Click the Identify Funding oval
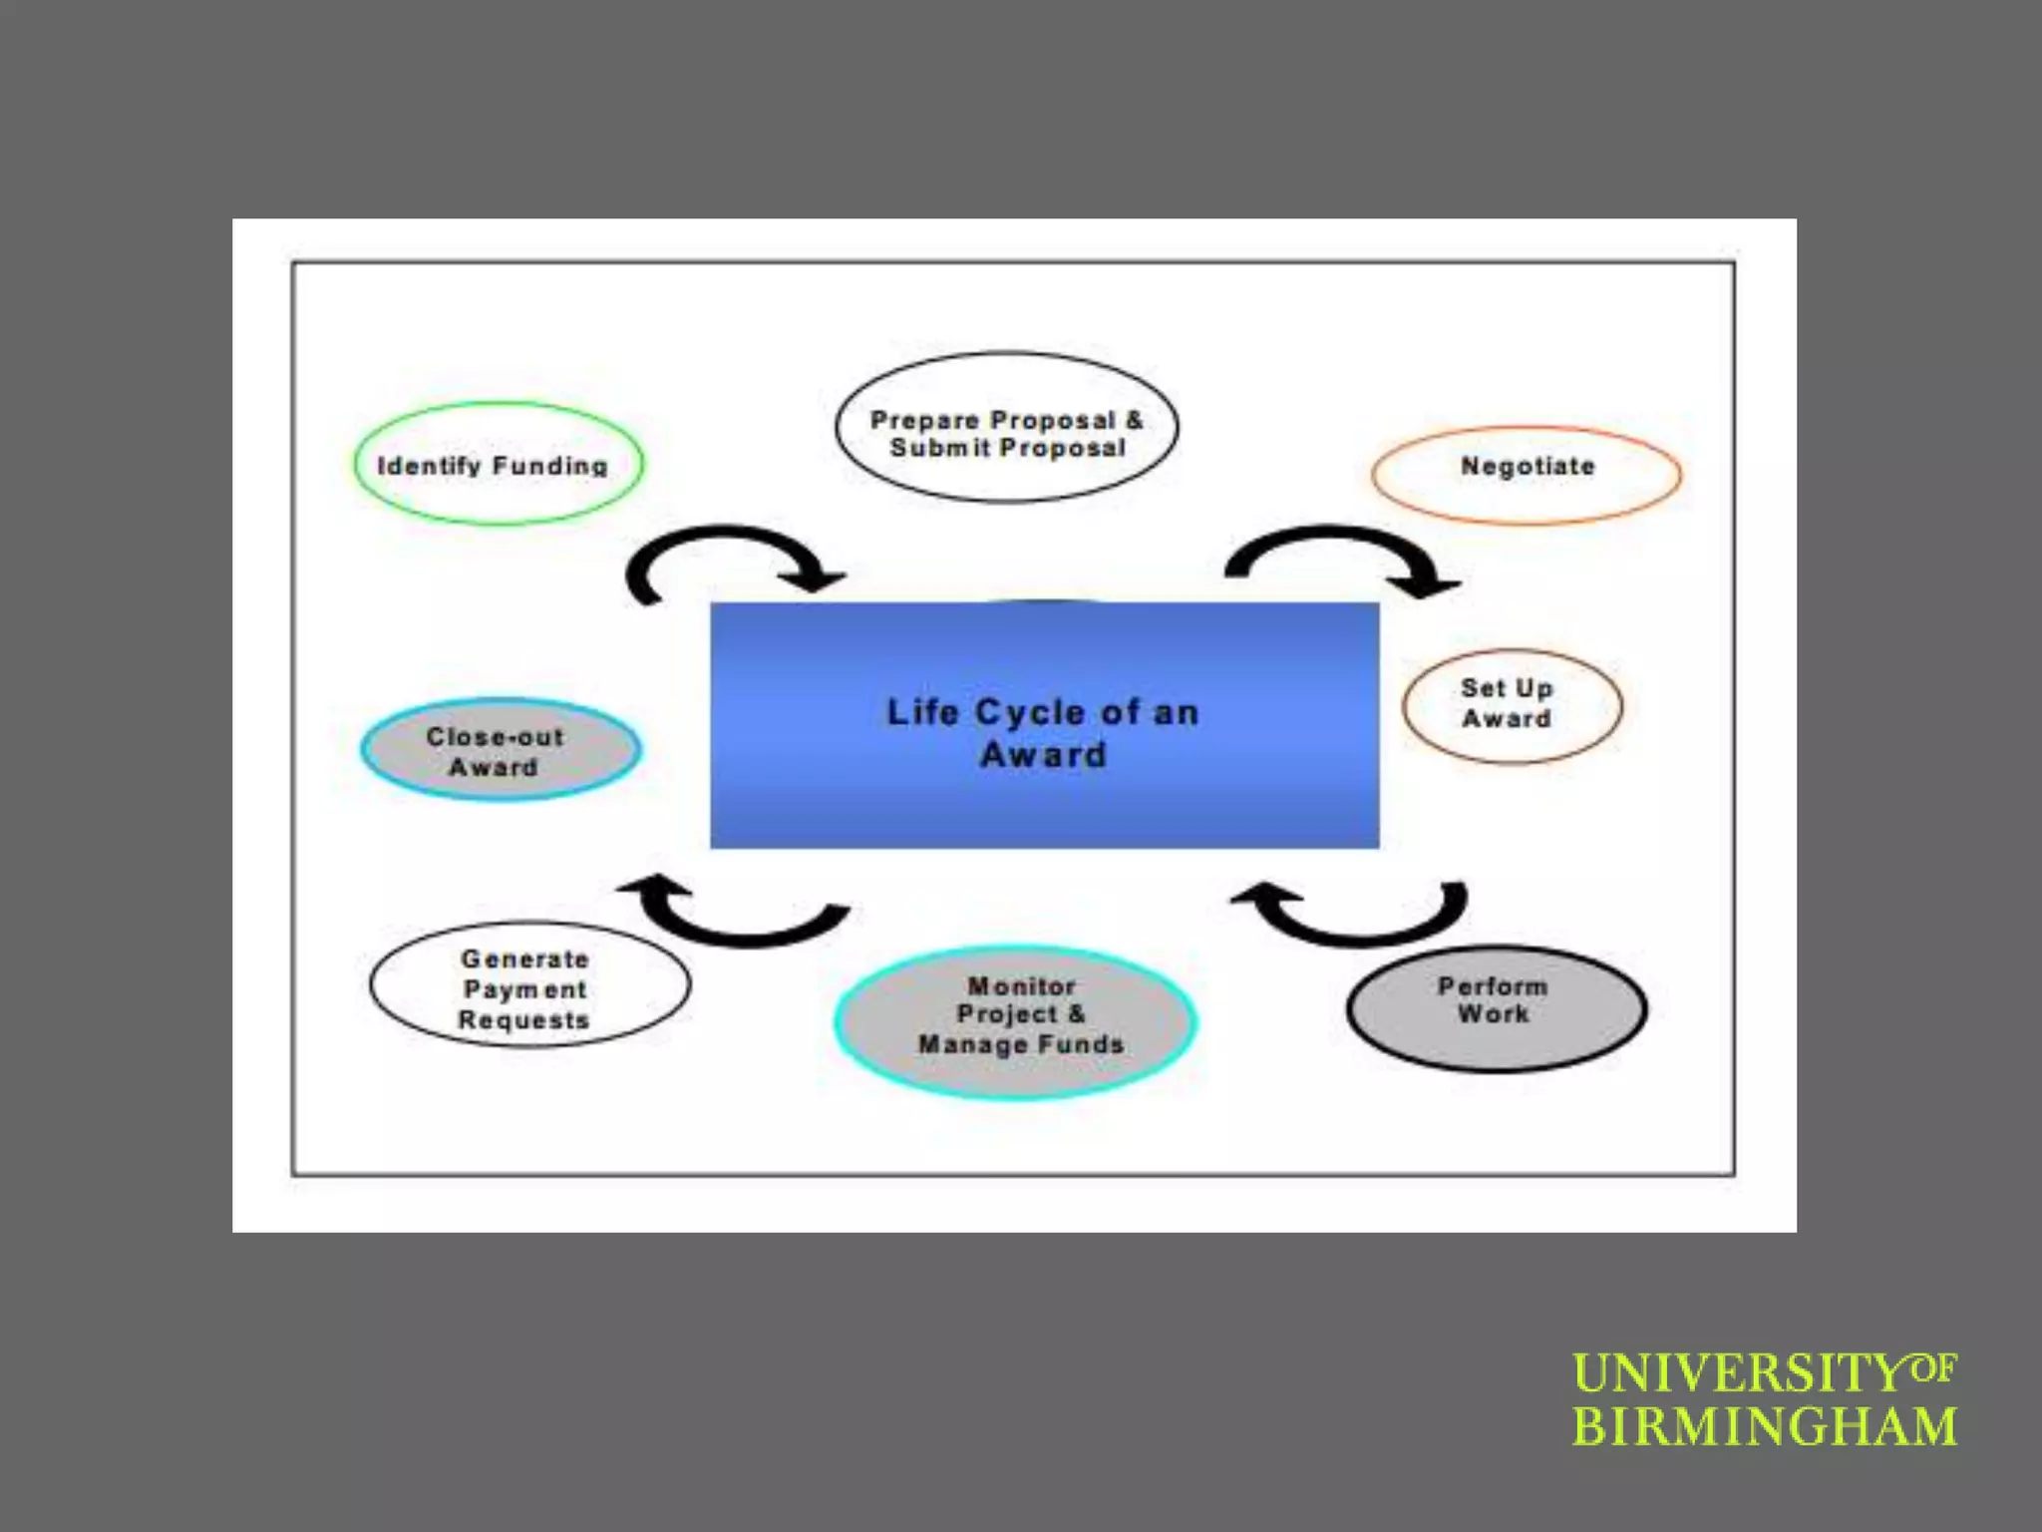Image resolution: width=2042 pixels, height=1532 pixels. [x=498, y=465]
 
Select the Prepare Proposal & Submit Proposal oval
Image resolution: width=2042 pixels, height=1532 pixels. [x=1006, y=428]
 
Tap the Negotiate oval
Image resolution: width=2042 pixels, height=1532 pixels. [x=1527, y=475]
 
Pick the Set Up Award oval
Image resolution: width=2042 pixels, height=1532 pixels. [x=1512, y=706]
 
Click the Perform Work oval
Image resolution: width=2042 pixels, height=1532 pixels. [x=1496, y=1008]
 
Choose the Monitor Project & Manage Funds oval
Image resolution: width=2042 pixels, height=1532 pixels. [x=1016, y=1021]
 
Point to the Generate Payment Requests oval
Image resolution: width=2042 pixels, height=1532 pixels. [x=529, y=984]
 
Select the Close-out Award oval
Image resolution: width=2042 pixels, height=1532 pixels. [x=501, y=750]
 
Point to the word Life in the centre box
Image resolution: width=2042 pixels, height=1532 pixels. [x=922, y=713]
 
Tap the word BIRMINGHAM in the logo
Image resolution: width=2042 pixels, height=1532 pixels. [x=1764, y=1426]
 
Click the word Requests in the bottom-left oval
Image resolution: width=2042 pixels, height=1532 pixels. [x=523, y=1020]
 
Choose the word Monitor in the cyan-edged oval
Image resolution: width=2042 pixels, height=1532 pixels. [x=1021, y=986]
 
